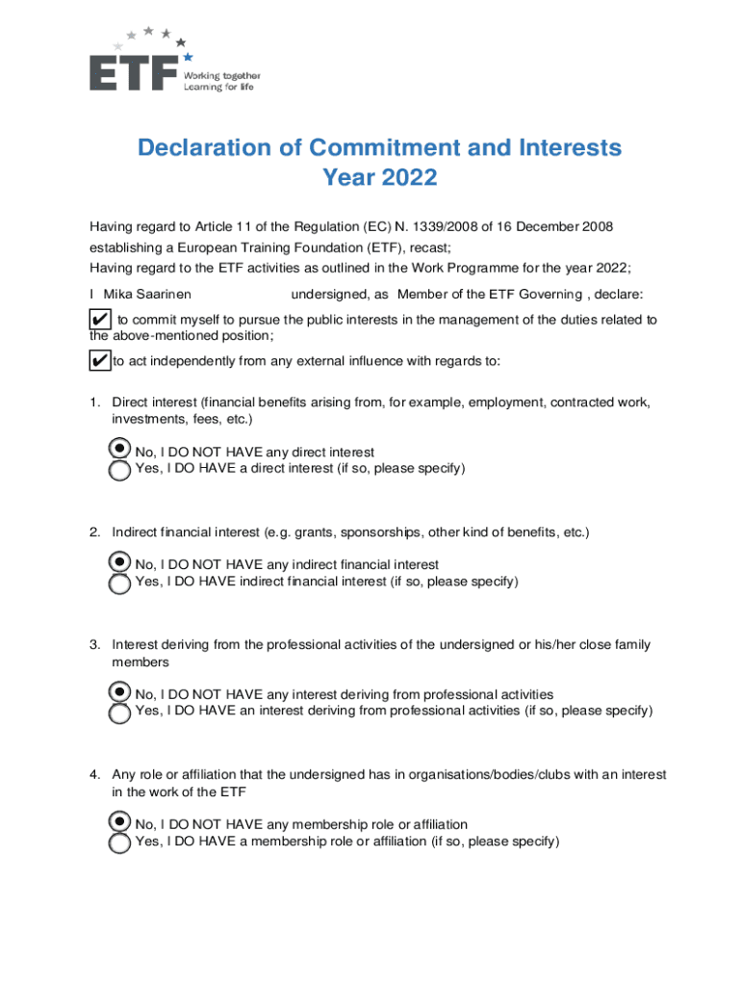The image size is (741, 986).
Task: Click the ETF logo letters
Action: (134, 73)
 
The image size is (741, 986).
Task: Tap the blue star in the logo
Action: (188, 57)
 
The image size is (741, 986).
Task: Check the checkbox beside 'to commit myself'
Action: (99, 320)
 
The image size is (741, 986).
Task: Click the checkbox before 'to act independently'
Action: (99, 361)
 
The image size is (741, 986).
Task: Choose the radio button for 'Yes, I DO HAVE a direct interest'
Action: (119, 471)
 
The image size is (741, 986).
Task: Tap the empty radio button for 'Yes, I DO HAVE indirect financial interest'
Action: (119, 584)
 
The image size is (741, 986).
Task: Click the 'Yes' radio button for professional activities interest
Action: (119, 714)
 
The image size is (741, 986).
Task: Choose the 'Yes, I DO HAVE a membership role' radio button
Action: (119, 843)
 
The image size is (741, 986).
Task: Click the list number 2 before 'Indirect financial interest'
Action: (95, 532)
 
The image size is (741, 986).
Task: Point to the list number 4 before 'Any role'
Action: (95, 774)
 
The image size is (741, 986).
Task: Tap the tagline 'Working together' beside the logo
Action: (222, 75)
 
